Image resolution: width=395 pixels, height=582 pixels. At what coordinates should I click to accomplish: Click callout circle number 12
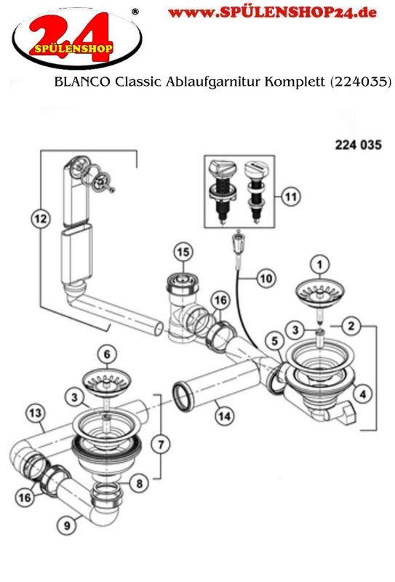(x=41, y=219)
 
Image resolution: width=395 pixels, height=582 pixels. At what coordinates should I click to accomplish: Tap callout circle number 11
(x=291, y=196)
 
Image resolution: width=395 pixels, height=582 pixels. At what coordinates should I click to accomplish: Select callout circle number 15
(x=183, y=252)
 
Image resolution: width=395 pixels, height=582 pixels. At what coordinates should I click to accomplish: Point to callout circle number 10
(x=266, y=279)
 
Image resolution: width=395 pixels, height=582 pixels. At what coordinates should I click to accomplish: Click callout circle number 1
(x=319, y=265)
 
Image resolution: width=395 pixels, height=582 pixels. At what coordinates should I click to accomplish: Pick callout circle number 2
(x=351, y=326)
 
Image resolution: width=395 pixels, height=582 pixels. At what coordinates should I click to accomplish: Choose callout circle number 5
(x=275, y=340)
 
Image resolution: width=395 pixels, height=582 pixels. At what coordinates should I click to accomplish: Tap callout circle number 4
(x=363, y=394)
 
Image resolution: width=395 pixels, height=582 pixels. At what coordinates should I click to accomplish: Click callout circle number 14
(x=225, y=415)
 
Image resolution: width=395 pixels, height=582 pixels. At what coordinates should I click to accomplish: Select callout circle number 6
(x=107, y=354)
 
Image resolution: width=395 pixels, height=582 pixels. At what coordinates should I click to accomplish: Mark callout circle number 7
(x=161, y=444)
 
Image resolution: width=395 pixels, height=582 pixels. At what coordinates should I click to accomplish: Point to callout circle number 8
(x=139, y=483)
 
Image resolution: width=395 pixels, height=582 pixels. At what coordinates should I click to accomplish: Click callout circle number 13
(x=36, y=412)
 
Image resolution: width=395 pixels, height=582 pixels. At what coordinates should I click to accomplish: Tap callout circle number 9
(x=67, y=525)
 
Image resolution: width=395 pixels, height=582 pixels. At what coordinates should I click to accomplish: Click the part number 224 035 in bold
(x=358, y=144)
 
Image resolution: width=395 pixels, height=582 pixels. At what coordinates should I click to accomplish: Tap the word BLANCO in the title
(x=82, y=81)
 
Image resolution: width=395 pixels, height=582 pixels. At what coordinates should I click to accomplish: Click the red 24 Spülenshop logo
(x=76, y=37)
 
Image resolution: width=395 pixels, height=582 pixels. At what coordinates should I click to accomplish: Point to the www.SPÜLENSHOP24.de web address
(x=272, y=13)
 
